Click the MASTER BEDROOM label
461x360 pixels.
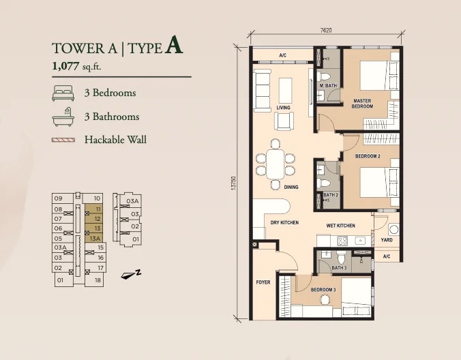tap(362, 104)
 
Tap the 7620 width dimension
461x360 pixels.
tap(326, 30)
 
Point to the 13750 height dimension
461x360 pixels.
tap(234, 183)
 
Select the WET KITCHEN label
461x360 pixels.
tap(340, 226)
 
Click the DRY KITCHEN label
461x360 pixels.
tap(284, 223)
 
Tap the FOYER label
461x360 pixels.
tap(263, 282)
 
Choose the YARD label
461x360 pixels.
tap(387, 240)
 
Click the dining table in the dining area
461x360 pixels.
tap(276, 164)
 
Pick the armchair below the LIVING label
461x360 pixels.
tap(284, 121)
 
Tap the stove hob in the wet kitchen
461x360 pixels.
tap(342, 241)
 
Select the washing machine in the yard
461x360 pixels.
tap(393, 230)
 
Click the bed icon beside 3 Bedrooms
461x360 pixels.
tap(63, 93)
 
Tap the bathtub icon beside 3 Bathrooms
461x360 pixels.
tap(63, 117)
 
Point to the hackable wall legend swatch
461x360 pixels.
tap(63, 140)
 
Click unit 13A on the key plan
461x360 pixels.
tap(95, 239)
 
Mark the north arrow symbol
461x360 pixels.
tap(131, 274)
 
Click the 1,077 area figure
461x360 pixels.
tap(65, 66)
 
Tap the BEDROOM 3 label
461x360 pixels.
tap(323, 290)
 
